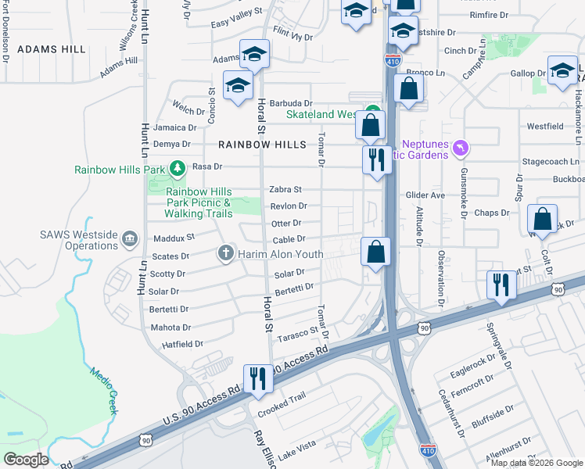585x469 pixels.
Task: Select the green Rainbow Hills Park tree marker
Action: (178, 168)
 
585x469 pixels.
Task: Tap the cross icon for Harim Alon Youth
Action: (225, 253)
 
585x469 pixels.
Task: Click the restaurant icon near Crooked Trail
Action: (257, 379)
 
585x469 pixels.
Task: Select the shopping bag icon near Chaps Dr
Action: (542, 220)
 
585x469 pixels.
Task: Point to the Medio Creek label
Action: (102, 391)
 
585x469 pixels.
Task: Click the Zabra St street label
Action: (285, 190)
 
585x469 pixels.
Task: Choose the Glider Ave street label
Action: (425, 195)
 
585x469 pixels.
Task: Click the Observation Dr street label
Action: (441, 277)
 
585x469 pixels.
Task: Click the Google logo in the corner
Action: (26, 460)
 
